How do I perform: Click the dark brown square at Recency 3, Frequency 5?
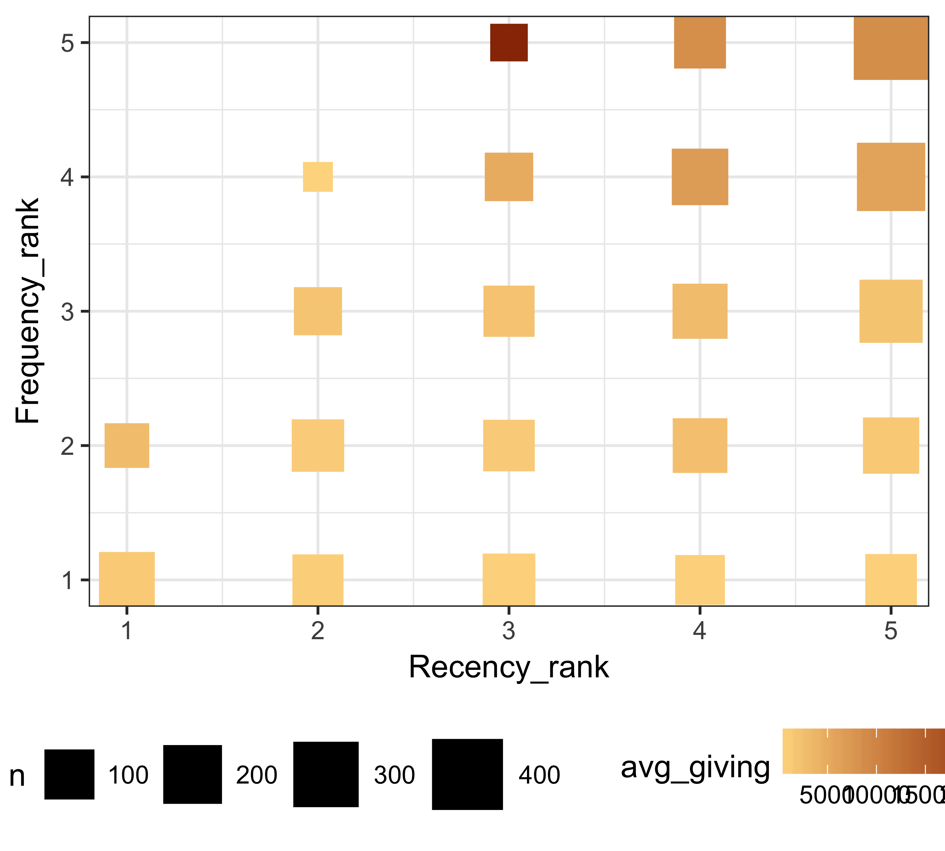[x=508, y=43]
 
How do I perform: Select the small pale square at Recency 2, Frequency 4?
[x=318, y=177]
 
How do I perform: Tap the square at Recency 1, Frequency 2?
[x=127, y=445]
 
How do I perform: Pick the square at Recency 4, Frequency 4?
[x=700, y=177]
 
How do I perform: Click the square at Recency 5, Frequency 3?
[x=891, y=311]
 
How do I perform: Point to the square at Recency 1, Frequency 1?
[x=127, y=579]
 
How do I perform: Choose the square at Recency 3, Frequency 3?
[x=508, y=311]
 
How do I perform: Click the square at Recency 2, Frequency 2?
[x=318, y=445]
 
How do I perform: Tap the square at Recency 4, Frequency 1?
[x=700, y=580]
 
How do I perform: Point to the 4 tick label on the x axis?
[x=699, y=631]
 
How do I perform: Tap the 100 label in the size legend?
[x=128, y=775]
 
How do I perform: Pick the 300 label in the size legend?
[x=394, y=775]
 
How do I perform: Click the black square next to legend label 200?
[x=192, y=774]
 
